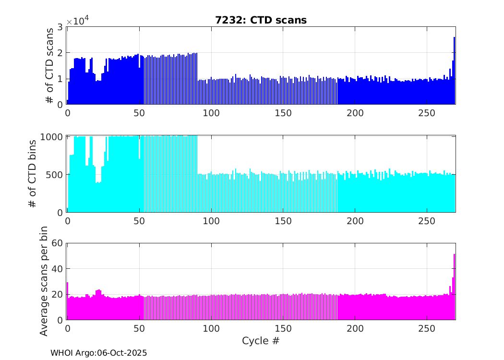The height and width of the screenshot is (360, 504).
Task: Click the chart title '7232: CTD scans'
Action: click(x=261, y=20)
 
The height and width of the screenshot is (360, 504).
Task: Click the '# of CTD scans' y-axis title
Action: click(x=49, y=65)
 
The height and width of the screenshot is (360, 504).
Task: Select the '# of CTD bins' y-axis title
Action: click(x=33, y=174)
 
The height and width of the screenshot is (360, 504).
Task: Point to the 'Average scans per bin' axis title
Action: click(x=44, y=281)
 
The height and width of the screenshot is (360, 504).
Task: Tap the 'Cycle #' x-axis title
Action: click(x=261, y=341)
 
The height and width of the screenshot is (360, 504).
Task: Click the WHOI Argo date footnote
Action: click(x=98, y=353)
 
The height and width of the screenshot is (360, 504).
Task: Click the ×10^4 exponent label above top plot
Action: click(x=77, y=21)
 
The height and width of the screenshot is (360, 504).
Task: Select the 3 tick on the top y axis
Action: click(x=60, y=27)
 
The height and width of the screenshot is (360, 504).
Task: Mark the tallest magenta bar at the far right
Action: click(x=454, y=288)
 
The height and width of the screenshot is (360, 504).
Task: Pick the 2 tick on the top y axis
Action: click(x=60, y=53)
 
